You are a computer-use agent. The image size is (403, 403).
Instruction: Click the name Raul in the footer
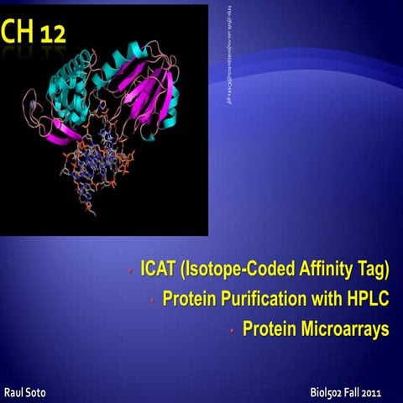pos(16,391)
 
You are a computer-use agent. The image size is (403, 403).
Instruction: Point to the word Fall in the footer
pos(356,392)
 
